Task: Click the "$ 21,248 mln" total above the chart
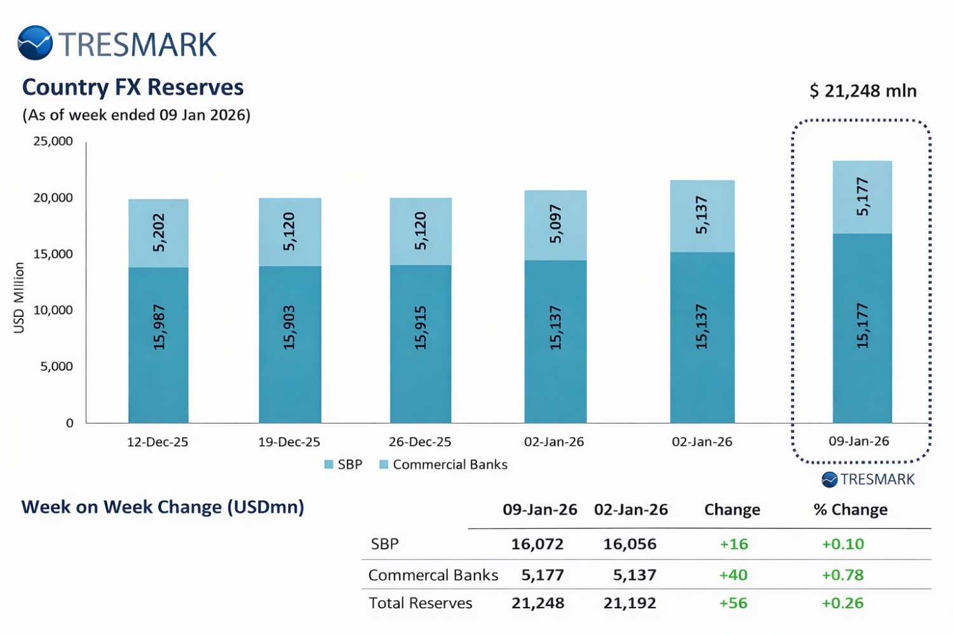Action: (863, 91)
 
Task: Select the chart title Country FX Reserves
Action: (133, 88)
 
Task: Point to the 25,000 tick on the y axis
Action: (53, 141)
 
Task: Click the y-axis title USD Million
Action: (19, 297)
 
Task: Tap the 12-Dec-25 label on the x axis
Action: (158, 442)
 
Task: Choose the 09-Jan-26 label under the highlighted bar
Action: (859, 441)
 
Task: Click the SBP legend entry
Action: (343, 464)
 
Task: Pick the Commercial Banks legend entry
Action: (443, 464)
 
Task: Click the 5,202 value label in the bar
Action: (159, 232)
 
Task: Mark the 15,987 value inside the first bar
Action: (159, 327)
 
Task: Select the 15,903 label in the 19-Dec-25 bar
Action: (290, 327)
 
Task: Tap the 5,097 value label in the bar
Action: (556, 224)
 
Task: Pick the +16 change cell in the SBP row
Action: (734, 544)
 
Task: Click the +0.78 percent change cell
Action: (842, 575)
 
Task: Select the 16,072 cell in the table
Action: (537, 544)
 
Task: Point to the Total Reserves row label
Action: (421, 603)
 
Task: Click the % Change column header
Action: (850, 510)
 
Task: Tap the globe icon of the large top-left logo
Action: (35, 43)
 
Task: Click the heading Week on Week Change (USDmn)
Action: (163, 507)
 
